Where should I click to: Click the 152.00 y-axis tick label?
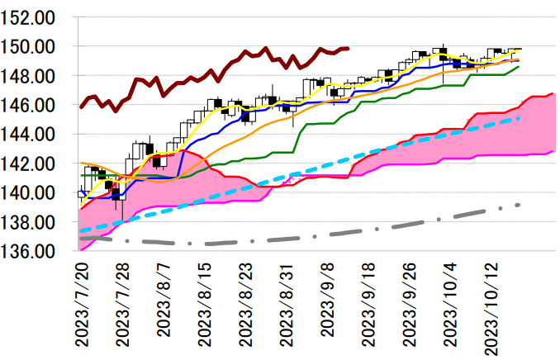pos(35,17)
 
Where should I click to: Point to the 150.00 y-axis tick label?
pos(35,47)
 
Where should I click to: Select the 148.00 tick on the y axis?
pos(35,76)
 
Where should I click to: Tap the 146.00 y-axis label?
pos(35,105)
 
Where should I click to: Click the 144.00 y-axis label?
pos(35,134)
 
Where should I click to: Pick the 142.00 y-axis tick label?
pos(35,163)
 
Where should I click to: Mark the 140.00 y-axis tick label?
pos(35,192)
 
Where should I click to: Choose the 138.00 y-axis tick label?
pos(35,221)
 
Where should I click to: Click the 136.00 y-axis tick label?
pos(35,251)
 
